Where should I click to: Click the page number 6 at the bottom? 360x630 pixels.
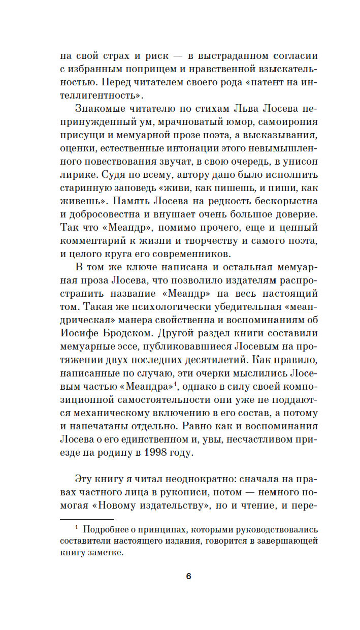coord(188,576)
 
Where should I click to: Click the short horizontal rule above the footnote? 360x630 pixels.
coord(86,520)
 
